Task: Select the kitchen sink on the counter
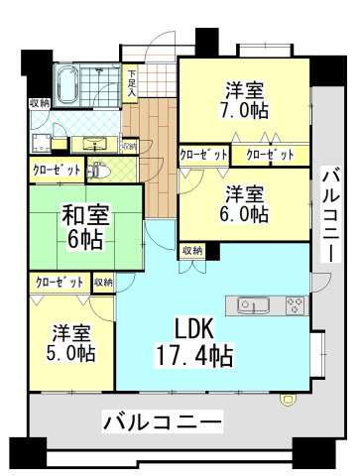[x=251, y=303]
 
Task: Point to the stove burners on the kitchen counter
[x=294, y=303]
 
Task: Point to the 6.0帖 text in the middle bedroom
[x=245, y=212]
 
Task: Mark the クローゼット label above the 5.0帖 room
[x=60, y=283]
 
